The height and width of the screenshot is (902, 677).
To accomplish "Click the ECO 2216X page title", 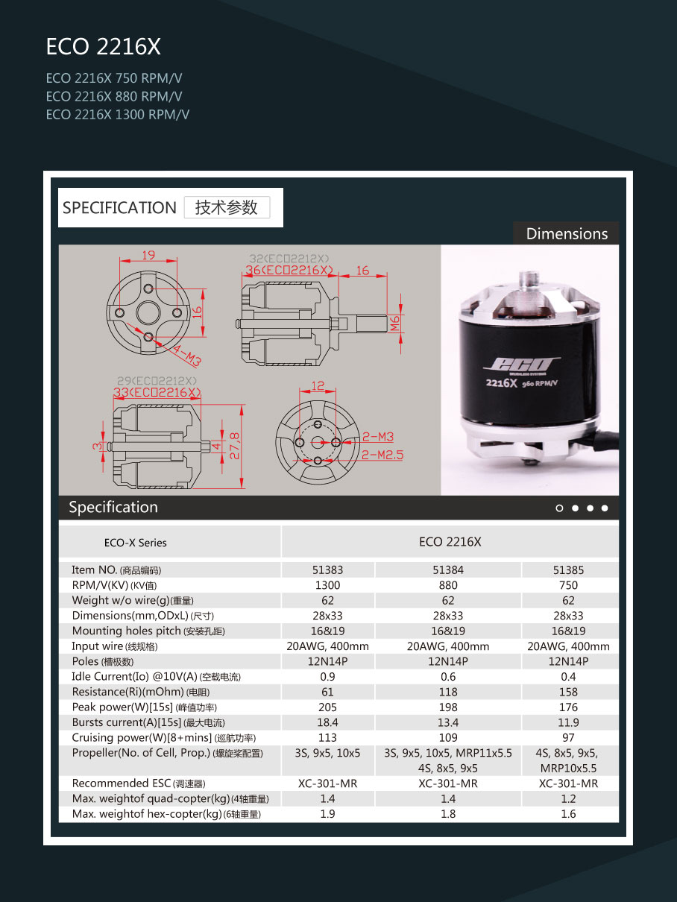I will [x=103, y=47].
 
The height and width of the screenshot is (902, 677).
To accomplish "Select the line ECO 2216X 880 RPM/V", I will [x=114, y=96].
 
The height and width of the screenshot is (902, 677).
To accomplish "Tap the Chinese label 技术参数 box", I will [x=227, y=207].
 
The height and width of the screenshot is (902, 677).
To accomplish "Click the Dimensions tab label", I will [x=567, y=233].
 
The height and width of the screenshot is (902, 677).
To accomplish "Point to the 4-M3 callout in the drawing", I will [x=186, y=356].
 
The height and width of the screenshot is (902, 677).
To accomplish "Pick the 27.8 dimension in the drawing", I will [x=235, y=446].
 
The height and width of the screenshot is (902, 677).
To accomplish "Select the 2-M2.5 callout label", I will [x=382, y=454].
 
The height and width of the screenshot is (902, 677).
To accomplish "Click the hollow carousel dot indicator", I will [x=560, y=508].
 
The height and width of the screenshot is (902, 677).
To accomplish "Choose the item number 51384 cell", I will [x=448, y=570].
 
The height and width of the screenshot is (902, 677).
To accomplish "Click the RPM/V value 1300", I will [x=327, y=585].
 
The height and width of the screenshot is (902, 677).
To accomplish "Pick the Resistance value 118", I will [x=448, y=692].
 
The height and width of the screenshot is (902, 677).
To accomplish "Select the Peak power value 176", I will [x=568, y=707].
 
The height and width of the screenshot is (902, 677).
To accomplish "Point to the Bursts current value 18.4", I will [x=327, y=722].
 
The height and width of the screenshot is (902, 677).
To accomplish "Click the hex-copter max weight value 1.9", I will [x=327, y=814].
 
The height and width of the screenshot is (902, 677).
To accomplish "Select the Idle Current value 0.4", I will [x=568, y=677].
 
